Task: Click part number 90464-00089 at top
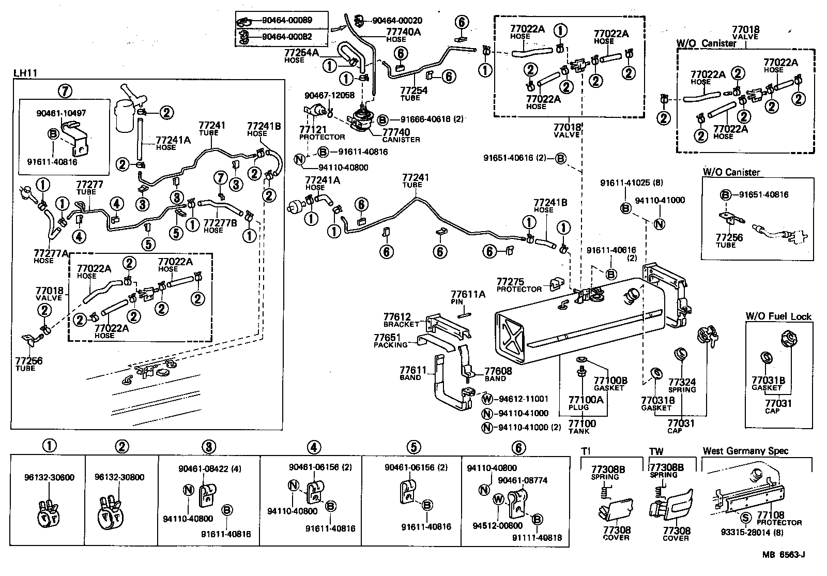click(286, 21)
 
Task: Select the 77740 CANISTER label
click(401, 135)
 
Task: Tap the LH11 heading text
click(23, 74)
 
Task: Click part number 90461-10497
click(61, 113)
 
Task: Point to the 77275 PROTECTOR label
click(518, 285)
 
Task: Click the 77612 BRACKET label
click(401, 320)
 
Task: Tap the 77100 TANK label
click(583, 427)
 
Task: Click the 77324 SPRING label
click(682, 385)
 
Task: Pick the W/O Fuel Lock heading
click(778, 316)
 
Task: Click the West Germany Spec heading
click(745, 451)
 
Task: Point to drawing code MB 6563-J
click(784, 555)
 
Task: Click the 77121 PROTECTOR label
click(321, 133)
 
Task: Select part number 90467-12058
click(329, 95)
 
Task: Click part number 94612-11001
click(523, 399)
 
